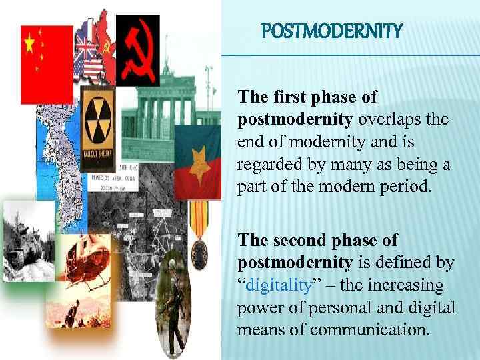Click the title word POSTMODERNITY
coord(332,31)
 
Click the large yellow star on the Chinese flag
coord(29,44)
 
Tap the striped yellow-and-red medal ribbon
coord(199,213)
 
